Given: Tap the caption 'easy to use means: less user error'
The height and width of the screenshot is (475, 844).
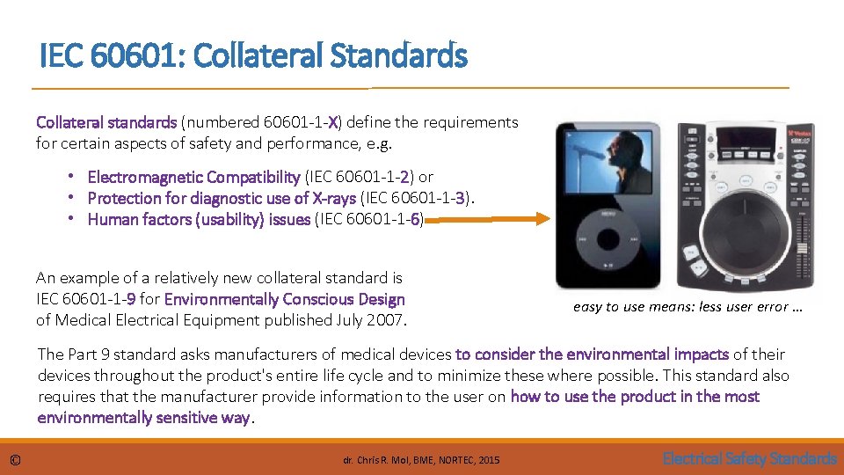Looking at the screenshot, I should [688, 307].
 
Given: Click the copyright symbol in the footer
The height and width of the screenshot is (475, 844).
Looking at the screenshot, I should [15, 459].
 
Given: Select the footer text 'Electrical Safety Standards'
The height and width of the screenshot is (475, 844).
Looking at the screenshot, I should [749, 458].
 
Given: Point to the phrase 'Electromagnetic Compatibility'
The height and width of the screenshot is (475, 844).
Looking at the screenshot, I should [193, 177].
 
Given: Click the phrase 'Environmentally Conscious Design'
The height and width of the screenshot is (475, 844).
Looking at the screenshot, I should [285, 299].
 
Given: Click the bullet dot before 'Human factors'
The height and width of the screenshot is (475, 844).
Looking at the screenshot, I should [78, 219].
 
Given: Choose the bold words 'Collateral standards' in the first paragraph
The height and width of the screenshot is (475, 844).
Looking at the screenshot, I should [105, 122].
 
